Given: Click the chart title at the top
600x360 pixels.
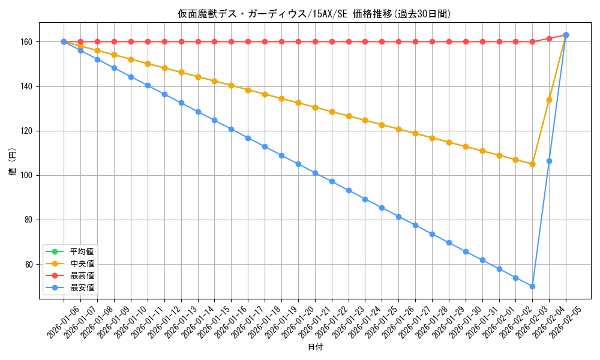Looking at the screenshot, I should tap(314, 14).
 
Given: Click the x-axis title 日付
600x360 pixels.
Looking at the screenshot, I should tap(315, 347).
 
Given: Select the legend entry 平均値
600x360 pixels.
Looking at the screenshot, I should tap(82, 251).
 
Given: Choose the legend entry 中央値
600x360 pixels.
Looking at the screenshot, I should tap(82, 263).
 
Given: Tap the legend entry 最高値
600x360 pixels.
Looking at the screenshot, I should tap(82, 275).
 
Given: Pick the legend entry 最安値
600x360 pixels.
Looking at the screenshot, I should tap(82, 287).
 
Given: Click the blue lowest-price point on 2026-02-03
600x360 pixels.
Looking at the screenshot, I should tap(532, 286).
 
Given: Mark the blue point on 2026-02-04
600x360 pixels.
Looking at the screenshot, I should tap(549, 161).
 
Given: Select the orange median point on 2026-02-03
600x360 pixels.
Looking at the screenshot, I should tap(532, 164).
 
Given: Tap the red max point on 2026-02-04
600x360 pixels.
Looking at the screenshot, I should tap(549, 38).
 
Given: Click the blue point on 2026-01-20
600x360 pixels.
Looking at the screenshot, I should tap(298, 164).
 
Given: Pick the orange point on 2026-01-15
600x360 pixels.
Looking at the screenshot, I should tap(214, 81).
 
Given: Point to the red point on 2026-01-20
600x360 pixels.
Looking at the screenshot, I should tap(298, 42).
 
